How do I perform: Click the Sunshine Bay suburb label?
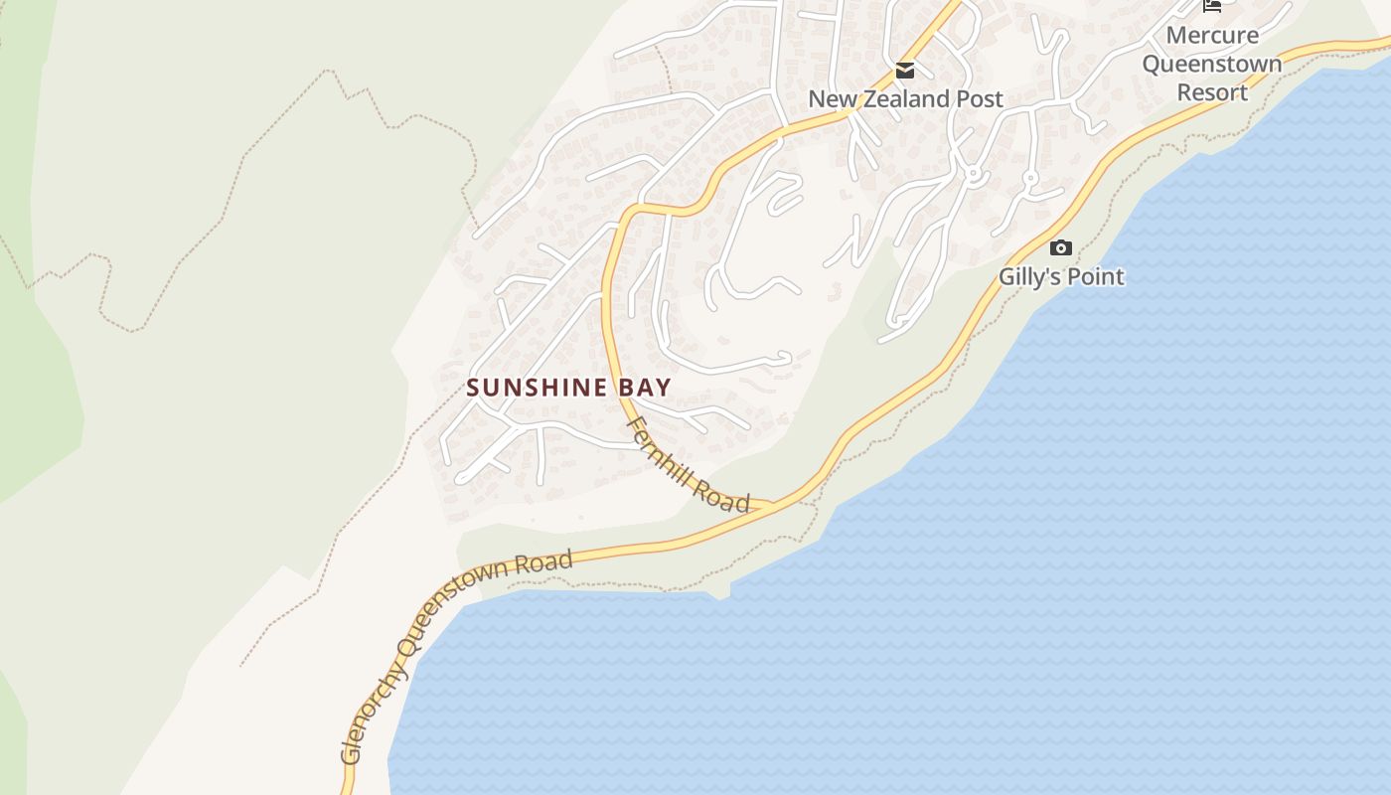tap(569, 388)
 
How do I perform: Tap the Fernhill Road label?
tap(689, 465)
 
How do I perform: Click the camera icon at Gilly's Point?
tap(1061, 247)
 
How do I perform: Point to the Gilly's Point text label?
tap(1061, 276)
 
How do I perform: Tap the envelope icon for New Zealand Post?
tap(905, 71)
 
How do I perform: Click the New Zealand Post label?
tap(905, 99)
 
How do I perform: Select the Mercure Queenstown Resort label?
tap(1212, 64)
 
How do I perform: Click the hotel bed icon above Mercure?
tap(1212, 6)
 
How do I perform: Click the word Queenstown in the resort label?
tap(1212, 64)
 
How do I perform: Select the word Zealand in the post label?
tap(913, 99)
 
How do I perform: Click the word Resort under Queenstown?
tap(1212, 92)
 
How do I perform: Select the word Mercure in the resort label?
tap(1212, 36)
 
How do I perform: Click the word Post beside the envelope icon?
tap(981, 99)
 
